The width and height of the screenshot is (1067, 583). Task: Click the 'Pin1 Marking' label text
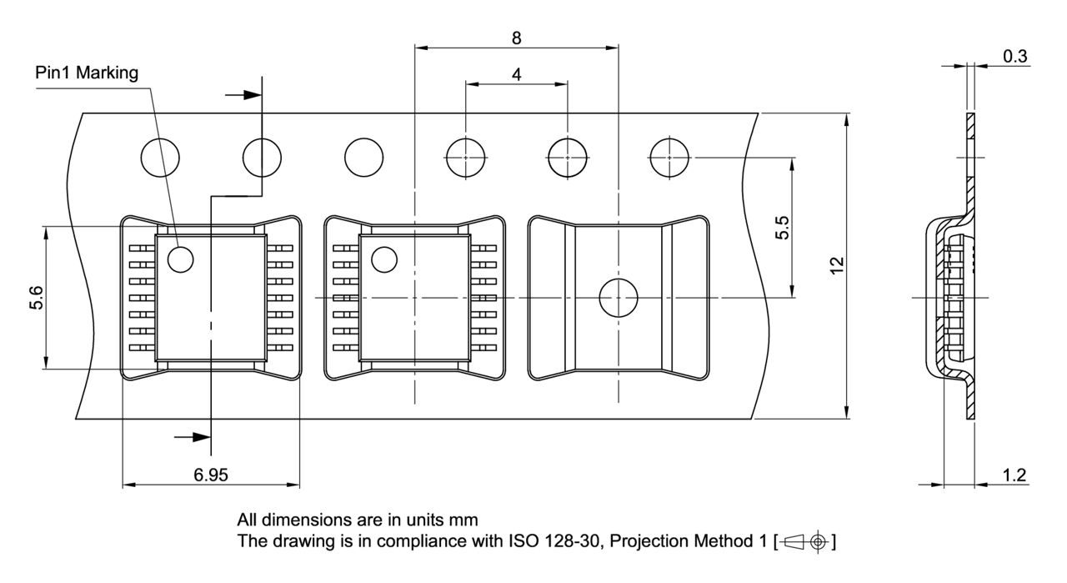tap(87, 73)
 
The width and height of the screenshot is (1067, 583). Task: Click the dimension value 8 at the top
tap(518, 38)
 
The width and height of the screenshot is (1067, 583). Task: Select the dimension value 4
tap(517, 74)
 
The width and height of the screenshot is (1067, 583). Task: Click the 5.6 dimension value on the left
tap(36, 297)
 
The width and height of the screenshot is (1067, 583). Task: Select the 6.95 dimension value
tap(210, 475)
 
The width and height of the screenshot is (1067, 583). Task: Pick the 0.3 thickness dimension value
tap(1014, 56)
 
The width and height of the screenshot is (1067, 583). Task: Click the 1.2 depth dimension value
tap(1014, 475)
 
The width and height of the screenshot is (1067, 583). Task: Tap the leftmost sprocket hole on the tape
tap(161, 158)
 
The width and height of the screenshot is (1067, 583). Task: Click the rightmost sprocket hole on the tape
tap(669, 158)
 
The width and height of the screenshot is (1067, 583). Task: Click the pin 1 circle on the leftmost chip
tap(180, 259)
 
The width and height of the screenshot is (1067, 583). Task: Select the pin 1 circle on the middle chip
tap(383, 259)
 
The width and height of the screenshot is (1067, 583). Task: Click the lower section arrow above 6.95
tap(193, 436)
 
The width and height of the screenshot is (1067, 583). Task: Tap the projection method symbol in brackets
tap(804, 542)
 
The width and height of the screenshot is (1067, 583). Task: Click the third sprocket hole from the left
tap(364, 158)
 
